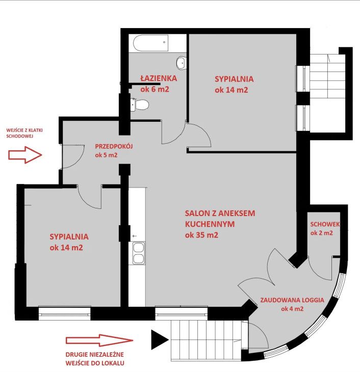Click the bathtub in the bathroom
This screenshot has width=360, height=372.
(151, 43)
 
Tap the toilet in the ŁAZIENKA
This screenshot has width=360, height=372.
(139, 104)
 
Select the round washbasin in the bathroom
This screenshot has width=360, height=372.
(182, 63)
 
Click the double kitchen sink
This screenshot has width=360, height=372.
(138, 253)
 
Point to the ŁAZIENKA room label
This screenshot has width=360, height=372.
(159, 78)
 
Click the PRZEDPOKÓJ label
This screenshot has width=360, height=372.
(114, 146)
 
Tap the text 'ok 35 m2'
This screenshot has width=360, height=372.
(201, 235)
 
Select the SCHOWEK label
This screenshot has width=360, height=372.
(325, 224)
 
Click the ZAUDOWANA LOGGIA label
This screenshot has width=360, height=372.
(292, 300)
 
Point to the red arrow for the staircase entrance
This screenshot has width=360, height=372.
(25, 155)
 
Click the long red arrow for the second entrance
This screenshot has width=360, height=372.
(99, 340)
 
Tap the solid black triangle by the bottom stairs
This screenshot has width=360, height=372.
(160, 339)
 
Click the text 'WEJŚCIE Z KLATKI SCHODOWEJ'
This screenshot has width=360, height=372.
(24, 133)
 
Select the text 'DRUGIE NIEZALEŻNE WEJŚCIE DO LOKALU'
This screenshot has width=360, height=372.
(95, 359)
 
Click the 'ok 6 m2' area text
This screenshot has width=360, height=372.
(155, 90)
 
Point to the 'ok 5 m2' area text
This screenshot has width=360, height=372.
(106, 155)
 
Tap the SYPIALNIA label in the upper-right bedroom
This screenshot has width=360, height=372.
(234, 79)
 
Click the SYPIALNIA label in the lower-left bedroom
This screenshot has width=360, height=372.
(69, 237)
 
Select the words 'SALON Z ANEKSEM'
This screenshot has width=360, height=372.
(220, 214)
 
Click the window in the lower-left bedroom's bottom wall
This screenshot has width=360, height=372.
(64, 313)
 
